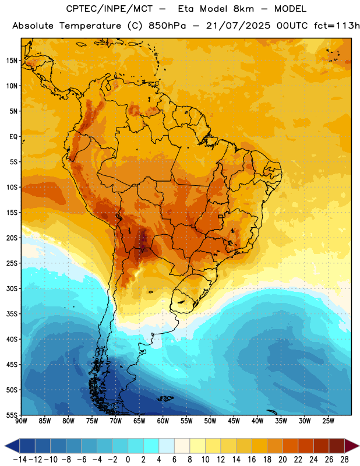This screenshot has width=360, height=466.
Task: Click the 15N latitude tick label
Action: (12, 61)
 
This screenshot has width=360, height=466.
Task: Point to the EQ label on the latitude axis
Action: (13, 137)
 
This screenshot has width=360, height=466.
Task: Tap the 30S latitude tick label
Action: (12, 288)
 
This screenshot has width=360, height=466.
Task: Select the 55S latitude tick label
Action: (12, 415)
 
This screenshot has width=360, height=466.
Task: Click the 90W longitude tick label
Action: (22, 421)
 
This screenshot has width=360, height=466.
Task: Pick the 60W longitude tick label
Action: (163, 421)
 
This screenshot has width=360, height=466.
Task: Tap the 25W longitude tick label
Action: (328, 421)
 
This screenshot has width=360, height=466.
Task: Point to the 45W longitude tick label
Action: (234, 421)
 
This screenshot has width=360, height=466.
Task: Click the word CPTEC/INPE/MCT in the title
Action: (110, 9)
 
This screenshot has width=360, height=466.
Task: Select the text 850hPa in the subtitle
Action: (167, 26)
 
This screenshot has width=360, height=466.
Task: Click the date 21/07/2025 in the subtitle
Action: (238, 26)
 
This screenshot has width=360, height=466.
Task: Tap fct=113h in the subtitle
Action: (337, 26)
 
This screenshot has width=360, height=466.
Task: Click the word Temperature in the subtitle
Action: (90, 26)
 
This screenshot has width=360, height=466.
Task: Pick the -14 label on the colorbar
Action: (20, 460)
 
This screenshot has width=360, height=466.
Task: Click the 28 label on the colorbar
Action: (344, 460)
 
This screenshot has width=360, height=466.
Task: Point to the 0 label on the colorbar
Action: (128, 460)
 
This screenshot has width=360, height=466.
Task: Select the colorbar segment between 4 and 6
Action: (167, 446)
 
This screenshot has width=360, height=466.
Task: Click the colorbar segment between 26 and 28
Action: (337, 446)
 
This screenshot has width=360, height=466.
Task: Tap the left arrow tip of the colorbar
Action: (5, 446)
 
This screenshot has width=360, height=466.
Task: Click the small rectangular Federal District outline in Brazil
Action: (221, 216)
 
